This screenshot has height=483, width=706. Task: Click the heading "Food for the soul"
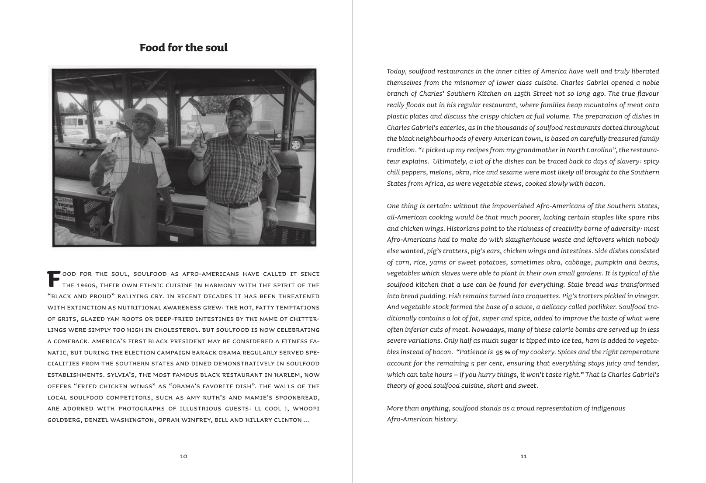183,48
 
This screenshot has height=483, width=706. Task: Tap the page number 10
183,456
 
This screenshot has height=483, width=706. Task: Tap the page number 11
523,456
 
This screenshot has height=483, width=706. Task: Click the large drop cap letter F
53,278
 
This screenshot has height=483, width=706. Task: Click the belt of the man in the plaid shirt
236,204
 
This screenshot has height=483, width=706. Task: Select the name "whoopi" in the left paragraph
306,408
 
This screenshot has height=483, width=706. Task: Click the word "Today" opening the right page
396,71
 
